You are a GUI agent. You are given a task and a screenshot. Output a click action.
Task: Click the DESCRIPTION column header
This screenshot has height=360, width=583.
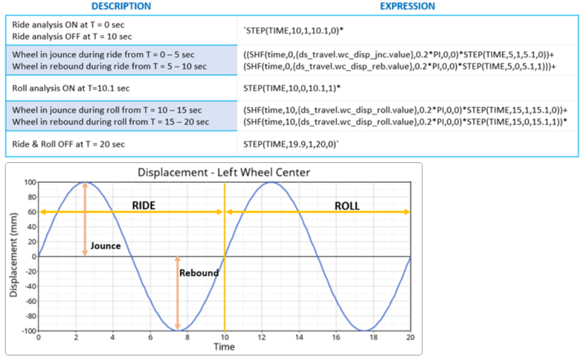120,6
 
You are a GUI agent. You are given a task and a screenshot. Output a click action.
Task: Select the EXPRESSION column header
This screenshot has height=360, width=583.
408,6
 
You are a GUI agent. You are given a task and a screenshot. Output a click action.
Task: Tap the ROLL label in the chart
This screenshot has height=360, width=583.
348,203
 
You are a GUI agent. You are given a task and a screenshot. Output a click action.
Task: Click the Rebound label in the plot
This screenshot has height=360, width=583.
199,273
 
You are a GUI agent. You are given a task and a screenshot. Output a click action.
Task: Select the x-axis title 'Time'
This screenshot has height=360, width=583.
224,347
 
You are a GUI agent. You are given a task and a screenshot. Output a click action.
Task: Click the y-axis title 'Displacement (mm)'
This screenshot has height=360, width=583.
13,256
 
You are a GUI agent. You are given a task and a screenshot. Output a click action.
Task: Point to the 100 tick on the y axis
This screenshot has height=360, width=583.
28,182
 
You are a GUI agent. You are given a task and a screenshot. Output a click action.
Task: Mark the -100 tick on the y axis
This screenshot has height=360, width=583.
26,330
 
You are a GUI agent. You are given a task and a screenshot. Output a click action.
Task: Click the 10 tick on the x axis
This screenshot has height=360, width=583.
224,338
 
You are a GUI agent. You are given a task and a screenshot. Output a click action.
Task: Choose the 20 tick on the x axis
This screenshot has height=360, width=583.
409,338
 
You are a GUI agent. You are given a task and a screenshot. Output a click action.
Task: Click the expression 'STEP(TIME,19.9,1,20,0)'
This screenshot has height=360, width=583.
291,141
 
